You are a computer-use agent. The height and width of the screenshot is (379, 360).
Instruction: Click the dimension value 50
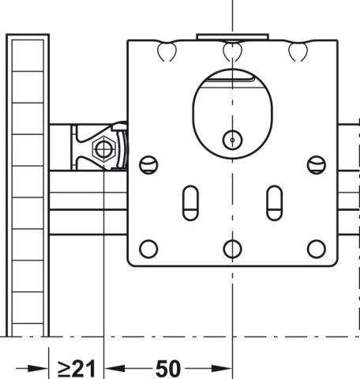click(168, 369)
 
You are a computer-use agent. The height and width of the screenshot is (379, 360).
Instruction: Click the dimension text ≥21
click(77, 369)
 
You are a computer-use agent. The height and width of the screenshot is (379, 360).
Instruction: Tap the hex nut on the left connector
click(104, 149)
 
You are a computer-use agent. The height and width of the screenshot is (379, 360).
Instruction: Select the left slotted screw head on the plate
click(148, 165)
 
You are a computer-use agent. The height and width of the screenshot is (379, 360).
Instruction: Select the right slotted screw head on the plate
click(317, 165)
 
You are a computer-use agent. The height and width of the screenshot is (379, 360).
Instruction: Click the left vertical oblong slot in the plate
click(190, 203)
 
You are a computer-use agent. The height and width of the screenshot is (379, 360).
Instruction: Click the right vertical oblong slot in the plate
click(275, 203)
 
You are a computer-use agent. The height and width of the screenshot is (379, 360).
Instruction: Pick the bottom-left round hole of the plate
click(148, 249)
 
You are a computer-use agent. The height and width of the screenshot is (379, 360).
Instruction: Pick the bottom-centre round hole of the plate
click(232, 249)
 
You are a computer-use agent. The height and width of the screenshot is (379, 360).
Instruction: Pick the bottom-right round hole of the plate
click(317, 249)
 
